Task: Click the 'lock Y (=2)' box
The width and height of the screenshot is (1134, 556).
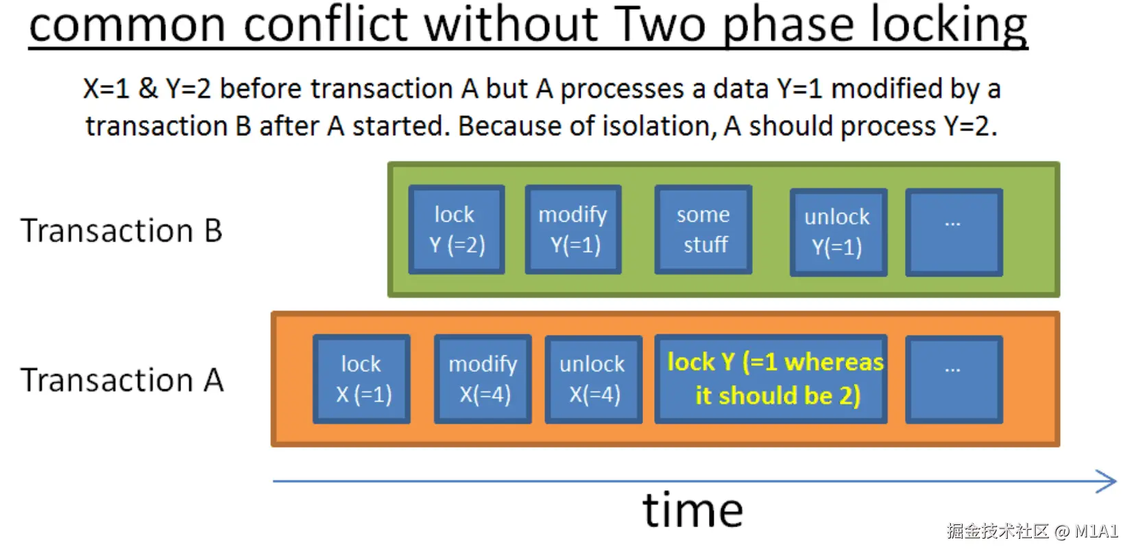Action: tap(457, 230)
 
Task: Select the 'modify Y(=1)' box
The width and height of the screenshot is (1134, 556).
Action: tap(573, 230)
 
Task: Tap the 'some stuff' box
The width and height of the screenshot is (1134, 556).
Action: tap(703, 230)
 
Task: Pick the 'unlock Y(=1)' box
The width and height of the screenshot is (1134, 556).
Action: tap(838, 232)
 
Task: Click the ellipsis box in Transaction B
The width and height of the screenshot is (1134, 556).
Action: tap(954, 232)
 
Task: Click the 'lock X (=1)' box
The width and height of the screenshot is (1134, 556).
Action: tap(361, 379)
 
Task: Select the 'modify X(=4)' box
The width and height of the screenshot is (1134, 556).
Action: tap(483, 379)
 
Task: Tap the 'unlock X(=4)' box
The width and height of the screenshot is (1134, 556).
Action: tap(593, 379)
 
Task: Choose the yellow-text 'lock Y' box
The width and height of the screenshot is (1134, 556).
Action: tap(771, 379)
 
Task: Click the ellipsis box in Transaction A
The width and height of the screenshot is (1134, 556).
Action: tap(954, 379)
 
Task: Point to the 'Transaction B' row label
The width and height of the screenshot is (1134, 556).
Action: tap(121, 231)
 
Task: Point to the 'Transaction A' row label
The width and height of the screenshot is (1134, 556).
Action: tap(122, 380)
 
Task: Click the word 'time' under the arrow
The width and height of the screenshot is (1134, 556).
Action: tap(692, 511)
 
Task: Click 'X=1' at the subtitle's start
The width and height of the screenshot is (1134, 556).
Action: tap(106, 89)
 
